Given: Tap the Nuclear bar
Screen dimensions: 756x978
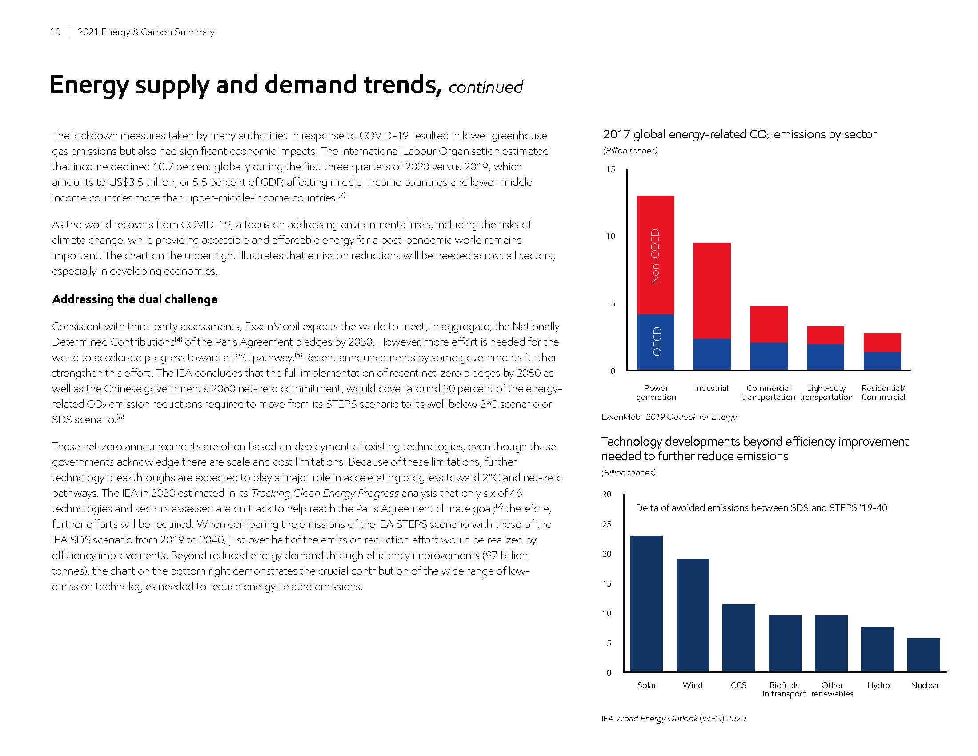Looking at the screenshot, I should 923,654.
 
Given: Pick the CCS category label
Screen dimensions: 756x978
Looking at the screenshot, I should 738,685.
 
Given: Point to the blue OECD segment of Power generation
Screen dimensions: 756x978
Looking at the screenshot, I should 656,342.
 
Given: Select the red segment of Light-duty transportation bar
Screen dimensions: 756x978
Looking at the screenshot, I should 826,335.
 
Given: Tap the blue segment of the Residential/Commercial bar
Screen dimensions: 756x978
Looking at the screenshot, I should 882,361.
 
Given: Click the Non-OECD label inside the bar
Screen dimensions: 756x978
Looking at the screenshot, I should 655,256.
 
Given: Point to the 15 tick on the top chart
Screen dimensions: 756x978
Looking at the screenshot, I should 610,169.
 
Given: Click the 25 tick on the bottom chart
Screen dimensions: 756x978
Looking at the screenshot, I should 606,524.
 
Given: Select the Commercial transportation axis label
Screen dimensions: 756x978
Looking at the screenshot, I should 768,392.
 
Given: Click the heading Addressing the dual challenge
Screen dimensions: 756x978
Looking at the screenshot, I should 135,299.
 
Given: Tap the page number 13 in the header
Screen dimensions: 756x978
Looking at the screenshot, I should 55,32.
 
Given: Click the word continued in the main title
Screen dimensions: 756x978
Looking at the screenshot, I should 485,87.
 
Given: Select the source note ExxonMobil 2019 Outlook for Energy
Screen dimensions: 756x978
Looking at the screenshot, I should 669,417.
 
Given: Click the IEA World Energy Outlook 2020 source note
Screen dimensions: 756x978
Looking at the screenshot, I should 673,718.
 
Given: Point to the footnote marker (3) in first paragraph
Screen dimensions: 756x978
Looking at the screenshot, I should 342,195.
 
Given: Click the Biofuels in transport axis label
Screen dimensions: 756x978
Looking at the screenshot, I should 784,689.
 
